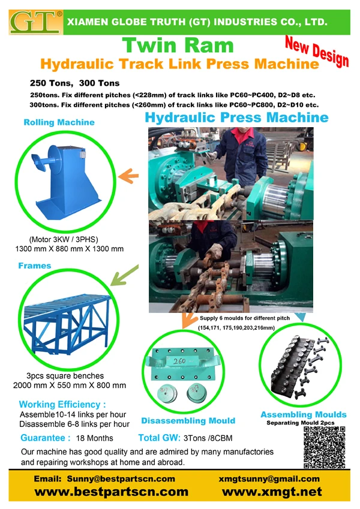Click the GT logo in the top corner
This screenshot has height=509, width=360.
(x=35, y=20)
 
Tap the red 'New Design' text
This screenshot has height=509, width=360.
(x=316, y=52)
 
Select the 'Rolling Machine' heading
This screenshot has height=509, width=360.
(x=59, y=122)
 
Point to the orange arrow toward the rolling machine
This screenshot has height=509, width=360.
(x=125, y=177)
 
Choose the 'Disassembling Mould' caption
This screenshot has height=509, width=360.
(x=188, y=420)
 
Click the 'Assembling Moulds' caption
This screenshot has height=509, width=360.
(x=303, y=414)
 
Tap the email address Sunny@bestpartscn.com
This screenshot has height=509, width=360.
(x=104, y=478)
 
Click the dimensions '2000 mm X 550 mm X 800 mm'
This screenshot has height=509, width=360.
(x=70, y=385)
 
